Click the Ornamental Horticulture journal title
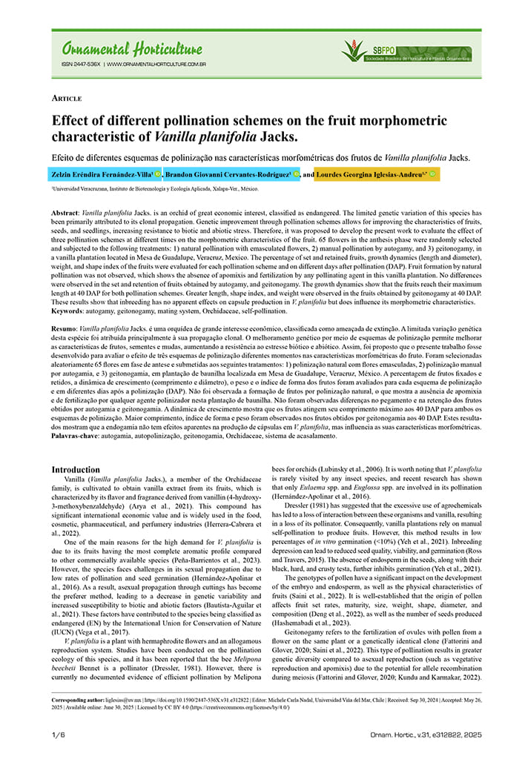[x=126, y=50]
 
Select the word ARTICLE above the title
[x=66, y=98]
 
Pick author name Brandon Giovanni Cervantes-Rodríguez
[x=227, y=174]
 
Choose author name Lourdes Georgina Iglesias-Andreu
[x=371, y=174]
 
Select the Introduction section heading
[x=75, y=470]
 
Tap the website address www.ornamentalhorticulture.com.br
[x=156, y=64]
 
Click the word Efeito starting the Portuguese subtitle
[x=65, y=157]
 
